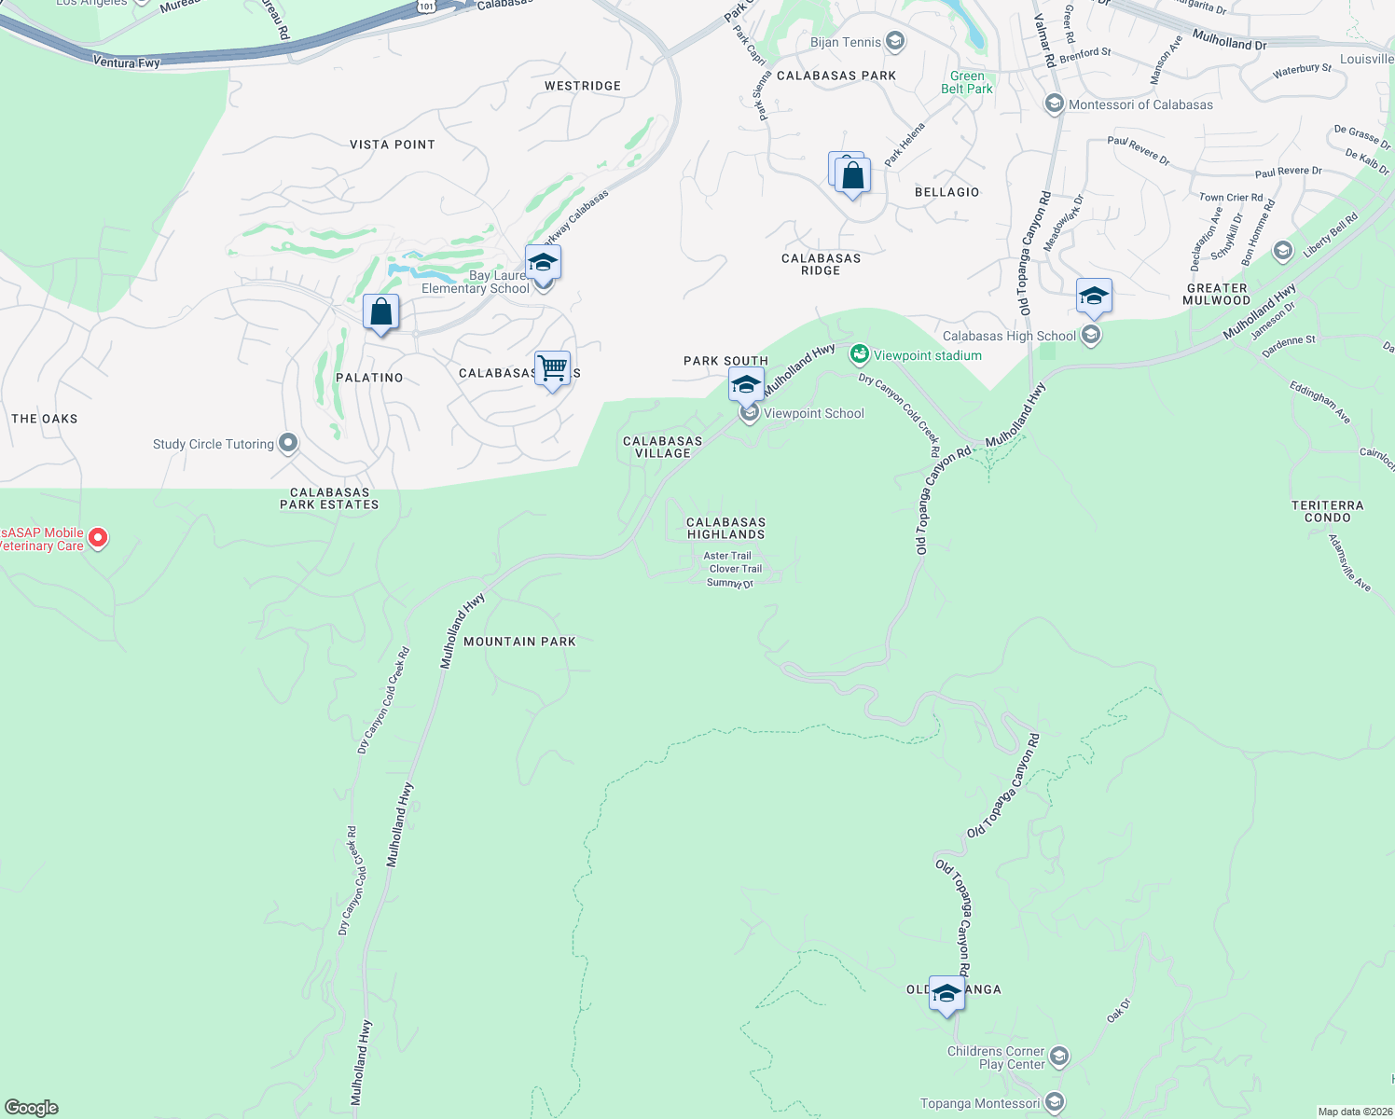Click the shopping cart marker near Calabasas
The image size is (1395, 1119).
coord(552,368)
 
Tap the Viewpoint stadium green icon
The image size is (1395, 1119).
coord(859,354)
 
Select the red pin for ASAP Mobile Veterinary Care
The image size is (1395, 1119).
coord(98,538)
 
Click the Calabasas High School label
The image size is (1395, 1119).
coord(1009,336)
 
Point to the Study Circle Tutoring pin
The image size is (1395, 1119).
coord(288,443)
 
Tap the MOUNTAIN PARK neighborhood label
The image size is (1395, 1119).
coord(519,642)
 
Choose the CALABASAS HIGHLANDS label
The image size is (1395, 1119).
coord(725,529)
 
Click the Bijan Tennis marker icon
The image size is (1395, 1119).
coord(895,41)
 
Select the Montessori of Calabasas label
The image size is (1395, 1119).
coord(1140,104)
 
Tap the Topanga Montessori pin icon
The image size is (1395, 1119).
coord(1055,1102)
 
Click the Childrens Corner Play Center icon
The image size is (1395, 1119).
coord(1058,1057)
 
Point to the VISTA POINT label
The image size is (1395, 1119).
coord(393,145)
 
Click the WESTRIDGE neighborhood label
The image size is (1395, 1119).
coord(583,86)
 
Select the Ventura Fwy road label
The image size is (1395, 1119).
coord(127,62)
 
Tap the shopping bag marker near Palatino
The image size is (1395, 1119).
coord(380,312)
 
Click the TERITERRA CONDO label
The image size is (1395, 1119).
coord(1328,511)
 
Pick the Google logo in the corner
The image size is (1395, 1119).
coord(32,1107)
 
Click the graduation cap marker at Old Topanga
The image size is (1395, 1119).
coord(946,994)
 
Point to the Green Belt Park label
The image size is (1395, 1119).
coord(967,83)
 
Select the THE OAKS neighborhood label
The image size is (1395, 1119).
coord(45,419)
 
